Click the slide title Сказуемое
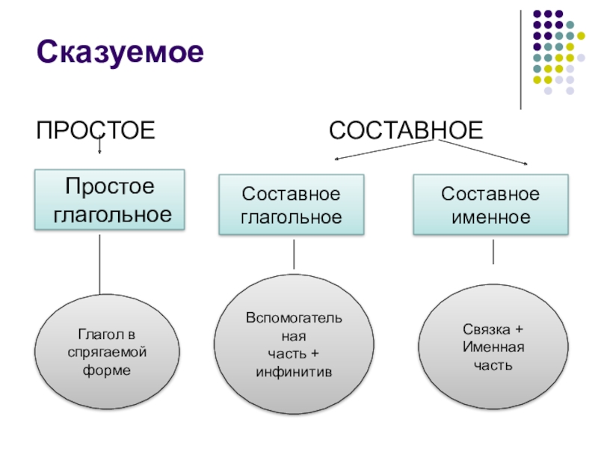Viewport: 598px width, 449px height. [120, 53]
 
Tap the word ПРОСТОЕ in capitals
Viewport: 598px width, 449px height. [96, 132]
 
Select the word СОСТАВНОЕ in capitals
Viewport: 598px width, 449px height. [407, 132]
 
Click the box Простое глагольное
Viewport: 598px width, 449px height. [109, 200]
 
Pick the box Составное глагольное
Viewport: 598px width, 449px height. [291, 206]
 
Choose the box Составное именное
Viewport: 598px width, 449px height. [490, 206]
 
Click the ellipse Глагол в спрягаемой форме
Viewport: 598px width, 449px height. [109, 350]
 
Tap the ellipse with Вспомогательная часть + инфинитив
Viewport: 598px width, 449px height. [294, 345]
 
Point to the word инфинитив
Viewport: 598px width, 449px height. [294, 372]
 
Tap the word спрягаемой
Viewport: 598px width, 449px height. [109, 351]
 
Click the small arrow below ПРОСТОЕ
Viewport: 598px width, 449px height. [99, 148]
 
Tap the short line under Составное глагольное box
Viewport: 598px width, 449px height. [294, 254]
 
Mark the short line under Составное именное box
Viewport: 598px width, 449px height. [493, 251]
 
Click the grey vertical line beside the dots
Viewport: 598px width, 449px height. [521, 60]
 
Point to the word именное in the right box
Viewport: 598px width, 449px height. [490, 218]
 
